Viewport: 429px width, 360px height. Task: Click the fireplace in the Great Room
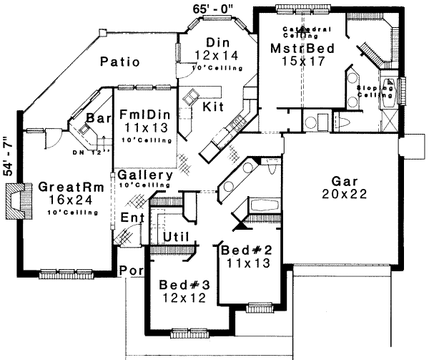pos(16,200)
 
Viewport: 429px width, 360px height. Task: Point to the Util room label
pos(175,235)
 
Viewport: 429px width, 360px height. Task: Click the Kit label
pos(212,107)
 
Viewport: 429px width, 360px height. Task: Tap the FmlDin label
pos(145,112)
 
